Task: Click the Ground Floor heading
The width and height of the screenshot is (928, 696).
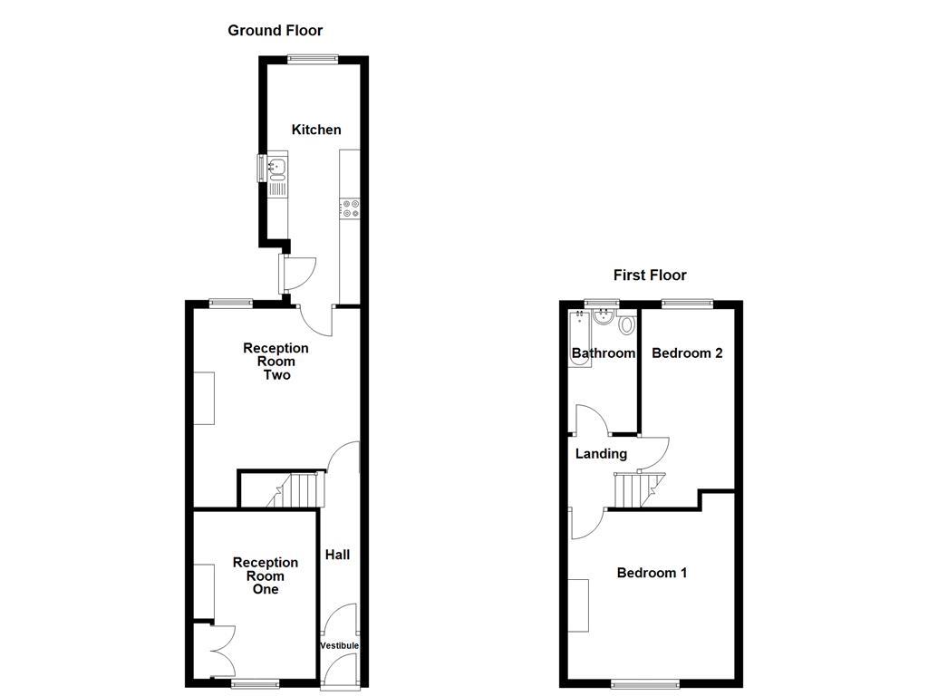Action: pos(275,31)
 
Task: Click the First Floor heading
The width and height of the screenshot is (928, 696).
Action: pos(650,275)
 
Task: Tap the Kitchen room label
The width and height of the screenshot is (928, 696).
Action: pos(316,130)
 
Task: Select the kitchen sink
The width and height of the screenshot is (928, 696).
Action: pos(278,167)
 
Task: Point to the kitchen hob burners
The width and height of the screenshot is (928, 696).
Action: pos(350,208)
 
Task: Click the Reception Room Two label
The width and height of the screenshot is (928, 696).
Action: pos(275,362)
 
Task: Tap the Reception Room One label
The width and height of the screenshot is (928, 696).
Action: pos(266,575)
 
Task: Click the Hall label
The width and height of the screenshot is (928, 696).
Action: pos(337,555)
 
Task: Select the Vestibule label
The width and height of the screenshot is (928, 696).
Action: pos(340,645)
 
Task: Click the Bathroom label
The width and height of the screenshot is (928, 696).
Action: pos(603,353)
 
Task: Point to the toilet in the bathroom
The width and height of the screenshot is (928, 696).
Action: pos(626,325)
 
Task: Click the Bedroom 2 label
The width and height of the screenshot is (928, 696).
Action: pos(687,353)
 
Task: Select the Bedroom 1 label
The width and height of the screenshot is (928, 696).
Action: pos(652,573)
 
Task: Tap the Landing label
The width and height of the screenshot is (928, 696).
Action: pos(601,453)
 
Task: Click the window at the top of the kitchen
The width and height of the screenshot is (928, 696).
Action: pos(314,60)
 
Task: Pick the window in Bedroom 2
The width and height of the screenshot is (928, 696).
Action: pos(686,304)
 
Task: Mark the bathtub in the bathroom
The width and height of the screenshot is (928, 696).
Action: pos(580,340)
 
